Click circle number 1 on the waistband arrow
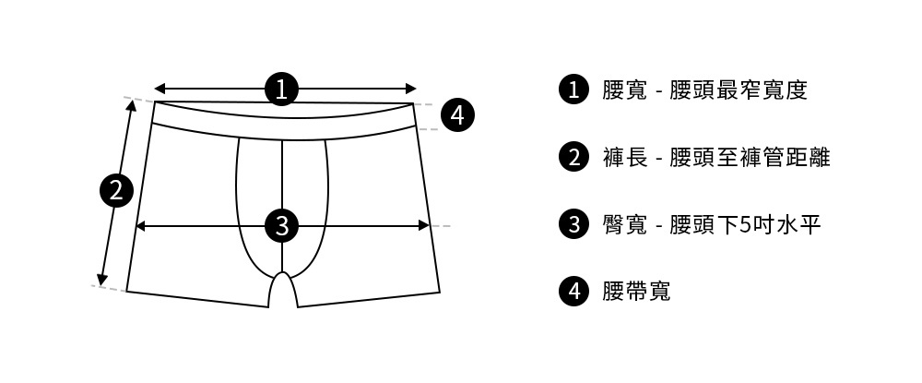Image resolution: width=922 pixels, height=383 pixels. pos(282,89)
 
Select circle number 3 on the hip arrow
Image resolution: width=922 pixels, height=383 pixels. pos(282,225)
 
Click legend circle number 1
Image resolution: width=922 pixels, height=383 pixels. pos(573,90)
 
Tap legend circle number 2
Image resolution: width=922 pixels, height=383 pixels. pos(573,157)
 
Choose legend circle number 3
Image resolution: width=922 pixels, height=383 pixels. pos(573,224)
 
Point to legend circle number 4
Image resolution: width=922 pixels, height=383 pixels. pos(573,292)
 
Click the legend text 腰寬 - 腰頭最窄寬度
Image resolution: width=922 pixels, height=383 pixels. pos(704,90)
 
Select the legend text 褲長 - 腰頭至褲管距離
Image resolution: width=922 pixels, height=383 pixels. pos(716,157)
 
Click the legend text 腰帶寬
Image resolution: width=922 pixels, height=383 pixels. pos(636,292)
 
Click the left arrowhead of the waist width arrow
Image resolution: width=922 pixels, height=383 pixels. pos(159,89)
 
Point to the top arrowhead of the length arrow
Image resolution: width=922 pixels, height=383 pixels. pos(131,105)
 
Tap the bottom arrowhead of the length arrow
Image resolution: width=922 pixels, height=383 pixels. pos(101,280)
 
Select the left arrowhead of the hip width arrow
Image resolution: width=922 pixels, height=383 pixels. pos(141,225)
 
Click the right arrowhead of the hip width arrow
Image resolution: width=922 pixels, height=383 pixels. pos(425,225)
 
